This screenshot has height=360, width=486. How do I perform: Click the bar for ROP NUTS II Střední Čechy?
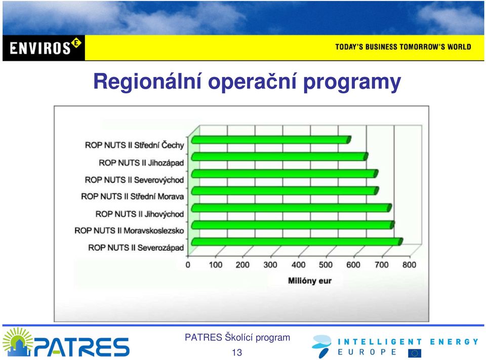coord(271,140)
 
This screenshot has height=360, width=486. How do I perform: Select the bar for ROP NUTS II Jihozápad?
coord(279,156)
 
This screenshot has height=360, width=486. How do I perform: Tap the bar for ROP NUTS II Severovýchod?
coord(285,174)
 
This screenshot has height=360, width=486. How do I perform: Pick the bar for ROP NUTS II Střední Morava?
coord(285,191)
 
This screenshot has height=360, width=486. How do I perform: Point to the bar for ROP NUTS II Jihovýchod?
coord(292,208)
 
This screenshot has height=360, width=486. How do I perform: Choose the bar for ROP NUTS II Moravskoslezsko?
coord(293,225)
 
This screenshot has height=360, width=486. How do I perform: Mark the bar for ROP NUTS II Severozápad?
coord(297,242)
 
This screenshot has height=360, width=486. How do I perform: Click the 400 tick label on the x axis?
coord(298,265)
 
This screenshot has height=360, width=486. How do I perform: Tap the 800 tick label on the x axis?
coord(409,265)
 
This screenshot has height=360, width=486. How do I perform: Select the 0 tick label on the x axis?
coord(188,265)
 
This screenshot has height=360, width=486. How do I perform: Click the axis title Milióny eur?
coord(310,281)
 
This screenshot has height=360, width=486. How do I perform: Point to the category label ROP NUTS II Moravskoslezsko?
coord(129,231)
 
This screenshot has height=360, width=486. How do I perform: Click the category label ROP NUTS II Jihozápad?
coord(141,163)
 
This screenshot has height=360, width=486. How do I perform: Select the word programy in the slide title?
coord(352,83)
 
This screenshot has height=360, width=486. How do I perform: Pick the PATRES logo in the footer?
coord(66,342)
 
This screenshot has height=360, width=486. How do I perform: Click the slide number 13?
coord(237,352)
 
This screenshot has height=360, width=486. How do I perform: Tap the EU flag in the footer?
coord(415,353)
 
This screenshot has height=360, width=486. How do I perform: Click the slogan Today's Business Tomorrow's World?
coord(403,47)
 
